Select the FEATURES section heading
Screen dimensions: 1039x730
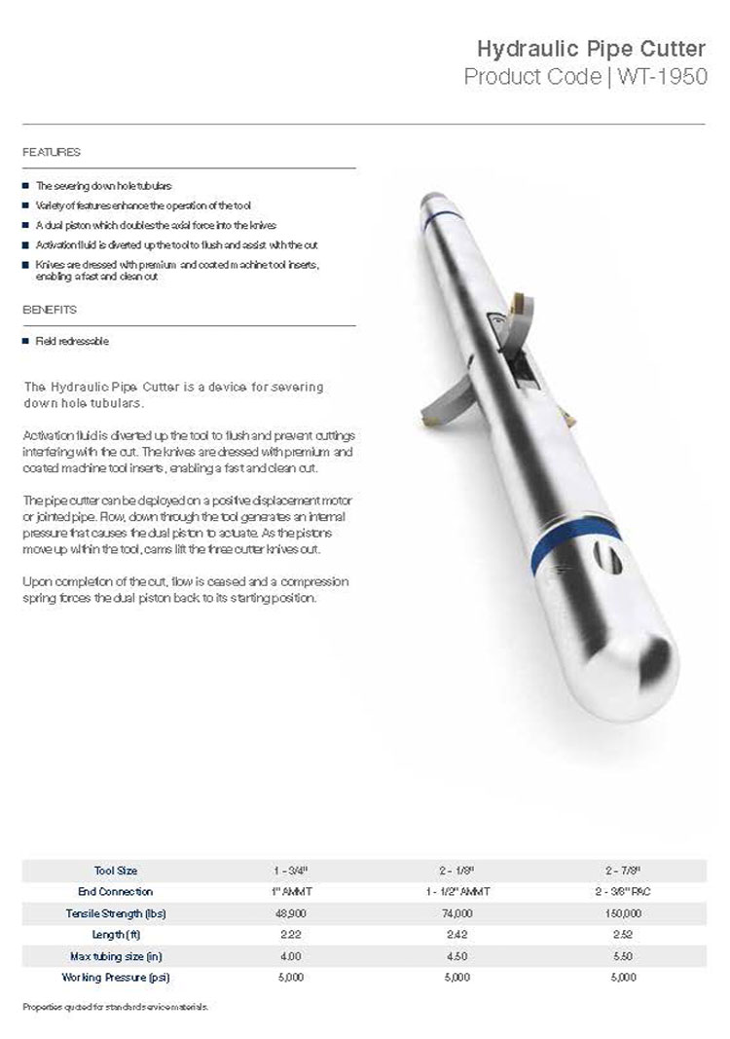(51, 153)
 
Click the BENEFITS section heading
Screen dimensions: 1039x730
(49, 310)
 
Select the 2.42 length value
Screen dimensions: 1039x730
(456, 934)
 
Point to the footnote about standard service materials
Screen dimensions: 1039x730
(115, 1005)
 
